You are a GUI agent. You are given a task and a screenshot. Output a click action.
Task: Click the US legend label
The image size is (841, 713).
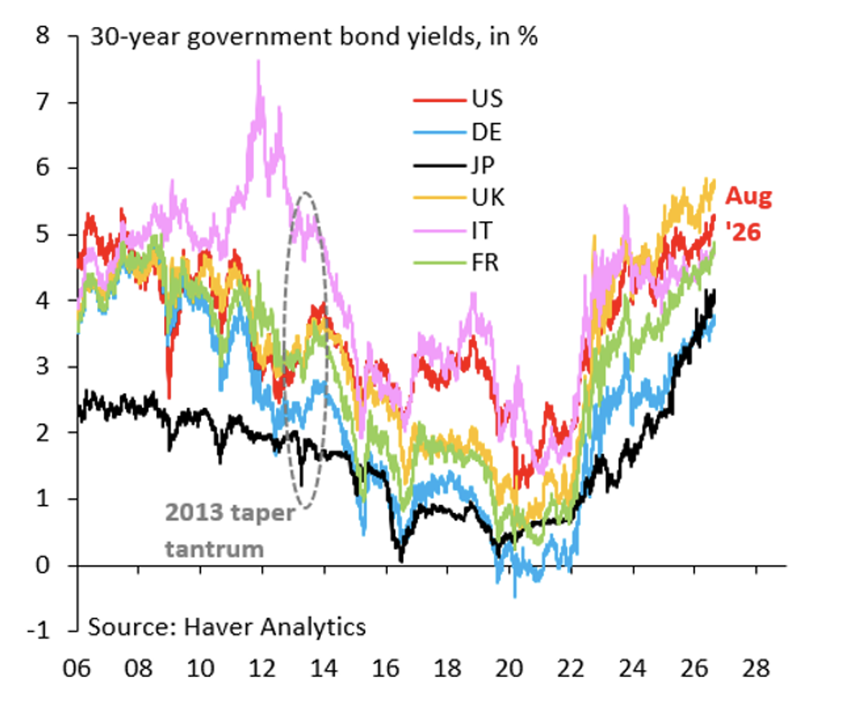click(487, 99)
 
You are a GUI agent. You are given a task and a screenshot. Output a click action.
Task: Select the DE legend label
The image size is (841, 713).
click(487, 132)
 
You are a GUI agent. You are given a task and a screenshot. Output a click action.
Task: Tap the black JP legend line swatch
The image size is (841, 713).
click(439, 166)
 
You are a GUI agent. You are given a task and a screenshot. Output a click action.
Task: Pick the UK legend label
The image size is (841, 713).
click(488, 197)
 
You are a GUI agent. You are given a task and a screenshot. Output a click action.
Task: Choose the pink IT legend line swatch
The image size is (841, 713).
click(439, 231)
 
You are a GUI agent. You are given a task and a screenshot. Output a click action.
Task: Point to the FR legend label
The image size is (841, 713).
click(485, 263)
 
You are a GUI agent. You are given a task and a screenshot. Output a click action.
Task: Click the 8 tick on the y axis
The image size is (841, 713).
click(43, 35)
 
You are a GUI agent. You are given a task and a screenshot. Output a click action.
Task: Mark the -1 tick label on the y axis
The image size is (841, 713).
click(38, 631)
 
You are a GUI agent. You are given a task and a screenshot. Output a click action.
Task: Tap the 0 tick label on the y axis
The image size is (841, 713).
click(43, 565)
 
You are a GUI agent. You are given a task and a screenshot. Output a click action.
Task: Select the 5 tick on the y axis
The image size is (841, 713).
click(43, 234)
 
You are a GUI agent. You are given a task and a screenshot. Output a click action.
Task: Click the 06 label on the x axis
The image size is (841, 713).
click(77, 668)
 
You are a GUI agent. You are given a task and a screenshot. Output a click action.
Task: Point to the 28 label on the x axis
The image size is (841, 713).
click(756, 668)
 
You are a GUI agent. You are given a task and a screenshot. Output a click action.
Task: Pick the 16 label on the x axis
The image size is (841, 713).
click(385, 668)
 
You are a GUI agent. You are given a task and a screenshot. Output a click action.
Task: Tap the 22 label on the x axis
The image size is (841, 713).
click(570, 668)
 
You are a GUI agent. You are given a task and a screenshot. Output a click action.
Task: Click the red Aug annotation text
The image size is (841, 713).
click(749, 197)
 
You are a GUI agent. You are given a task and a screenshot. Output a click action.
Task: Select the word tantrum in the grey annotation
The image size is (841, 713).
click(215, 549)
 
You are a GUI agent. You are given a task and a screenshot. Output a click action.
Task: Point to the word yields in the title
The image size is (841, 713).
click(442, 38)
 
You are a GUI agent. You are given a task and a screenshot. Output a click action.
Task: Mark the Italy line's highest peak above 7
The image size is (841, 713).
click(259, 61)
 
